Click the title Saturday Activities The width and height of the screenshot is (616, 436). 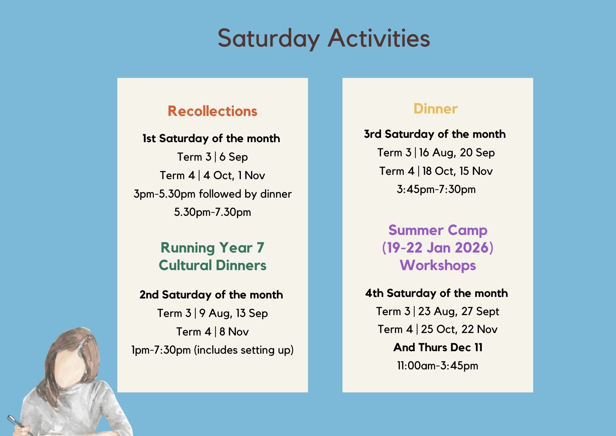click(324, 38)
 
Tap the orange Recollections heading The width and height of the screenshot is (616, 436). click(213, 111)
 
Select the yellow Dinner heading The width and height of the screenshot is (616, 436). click(436, 109)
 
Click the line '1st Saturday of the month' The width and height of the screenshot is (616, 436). click(211, 138)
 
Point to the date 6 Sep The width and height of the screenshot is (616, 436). click(233, 157)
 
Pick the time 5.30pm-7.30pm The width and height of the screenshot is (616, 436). click(213, 212)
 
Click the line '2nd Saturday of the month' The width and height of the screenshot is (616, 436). click(211, 295)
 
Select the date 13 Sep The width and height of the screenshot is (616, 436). click(252, 313)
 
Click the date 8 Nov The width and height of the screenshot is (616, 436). click(234, 332)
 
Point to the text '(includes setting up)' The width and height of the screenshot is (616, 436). click(244, 350)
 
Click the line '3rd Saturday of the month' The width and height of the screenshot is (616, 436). click(435, 134)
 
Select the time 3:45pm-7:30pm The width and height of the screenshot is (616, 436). click(436, 189)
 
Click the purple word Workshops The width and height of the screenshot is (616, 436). click(438, 265)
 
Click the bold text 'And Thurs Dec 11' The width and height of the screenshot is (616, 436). click(438, 348)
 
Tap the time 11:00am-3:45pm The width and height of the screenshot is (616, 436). click(438, 366)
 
